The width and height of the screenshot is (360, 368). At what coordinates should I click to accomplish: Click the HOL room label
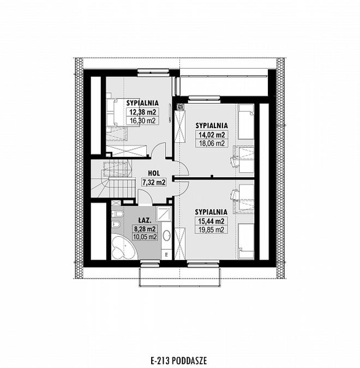coord(154,173)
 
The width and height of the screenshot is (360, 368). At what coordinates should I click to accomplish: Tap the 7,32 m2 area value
coord(154,182)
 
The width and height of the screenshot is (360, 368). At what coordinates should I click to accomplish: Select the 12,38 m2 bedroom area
coord(143,112)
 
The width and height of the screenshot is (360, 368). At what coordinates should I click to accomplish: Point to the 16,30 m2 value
coord(143,120)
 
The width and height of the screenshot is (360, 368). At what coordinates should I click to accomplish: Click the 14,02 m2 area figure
coord(212,135)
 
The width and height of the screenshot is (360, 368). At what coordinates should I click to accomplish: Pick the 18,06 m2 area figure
coord(212,143)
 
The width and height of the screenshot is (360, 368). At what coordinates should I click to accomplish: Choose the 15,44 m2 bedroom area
coord(211,221)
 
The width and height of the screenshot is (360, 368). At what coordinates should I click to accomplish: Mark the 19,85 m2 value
coord(211,230)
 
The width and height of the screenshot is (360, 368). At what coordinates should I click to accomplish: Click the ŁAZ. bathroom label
coord(145,220)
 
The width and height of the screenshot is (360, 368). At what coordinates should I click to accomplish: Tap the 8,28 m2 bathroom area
coord(145,228)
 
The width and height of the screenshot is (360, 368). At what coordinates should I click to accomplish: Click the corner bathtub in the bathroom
coord(123,248)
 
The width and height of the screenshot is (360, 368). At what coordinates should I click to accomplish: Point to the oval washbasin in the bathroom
coord(167,235)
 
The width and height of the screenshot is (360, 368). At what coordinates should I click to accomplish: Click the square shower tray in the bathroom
coord(164,214)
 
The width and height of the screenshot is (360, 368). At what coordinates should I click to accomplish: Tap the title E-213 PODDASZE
coord(179,360)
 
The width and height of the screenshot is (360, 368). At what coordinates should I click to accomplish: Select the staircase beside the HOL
coord(113,179)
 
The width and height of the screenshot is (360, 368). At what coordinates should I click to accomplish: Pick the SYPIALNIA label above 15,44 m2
coord(211,212)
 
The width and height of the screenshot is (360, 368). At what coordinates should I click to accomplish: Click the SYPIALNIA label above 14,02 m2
coord(212,125)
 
